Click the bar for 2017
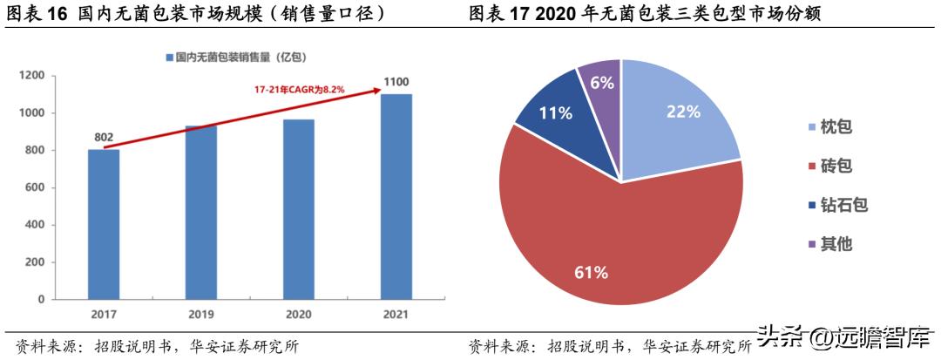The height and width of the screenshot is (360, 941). click(x=104, y=224)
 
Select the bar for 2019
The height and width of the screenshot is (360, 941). click(x=201, y=212)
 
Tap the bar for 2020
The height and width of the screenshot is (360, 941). click(x=299, y=209)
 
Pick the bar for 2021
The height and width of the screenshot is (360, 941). click(x=396, y=196)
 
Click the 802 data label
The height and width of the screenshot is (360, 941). click(x=104, y=137)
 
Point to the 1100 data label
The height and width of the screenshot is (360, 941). click(x=396, y=83)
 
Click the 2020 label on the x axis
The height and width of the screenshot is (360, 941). click(x=299, y=315)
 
